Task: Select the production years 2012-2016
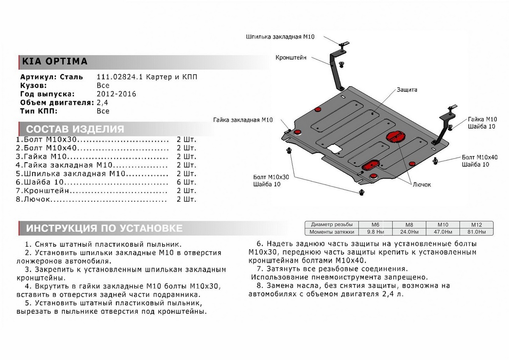coord(116,94)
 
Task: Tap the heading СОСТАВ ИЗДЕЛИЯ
coord(75,129)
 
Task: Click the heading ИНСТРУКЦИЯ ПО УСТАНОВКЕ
coord(104,228)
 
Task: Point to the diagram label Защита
coord(407,90)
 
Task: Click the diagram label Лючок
coord(422,185)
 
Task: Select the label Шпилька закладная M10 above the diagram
coord(280,37)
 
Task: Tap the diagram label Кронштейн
coord(291,58)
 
